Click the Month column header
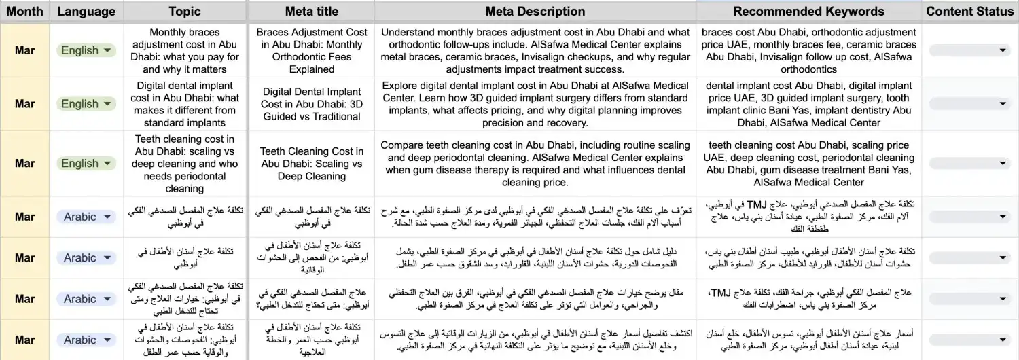[x=24, y=12]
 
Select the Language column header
[x=86, y=12]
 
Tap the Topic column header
[x=185, y=12]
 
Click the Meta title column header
[x=312, y=12]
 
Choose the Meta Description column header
[x=535, y=12]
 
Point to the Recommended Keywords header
[x=808, y=12]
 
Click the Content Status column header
[x=969, y=12]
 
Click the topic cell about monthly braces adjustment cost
[x=185, y=50]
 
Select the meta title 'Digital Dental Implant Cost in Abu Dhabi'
[x=312, y=104]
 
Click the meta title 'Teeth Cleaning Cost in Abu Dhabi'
[x=312, y=164]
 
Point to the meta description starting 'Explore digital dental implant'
[x=535, y=104]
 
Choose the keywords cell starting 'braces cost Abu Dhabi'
[x=808, y=50]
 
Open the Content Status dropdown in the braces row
[x=969, y=50]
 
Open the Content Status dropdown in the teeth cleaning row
[x=969, y=164]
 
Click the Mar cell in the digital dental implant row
[x=24, y=104]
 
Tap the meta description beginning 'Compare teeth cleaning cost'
[x=535, y=164]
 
